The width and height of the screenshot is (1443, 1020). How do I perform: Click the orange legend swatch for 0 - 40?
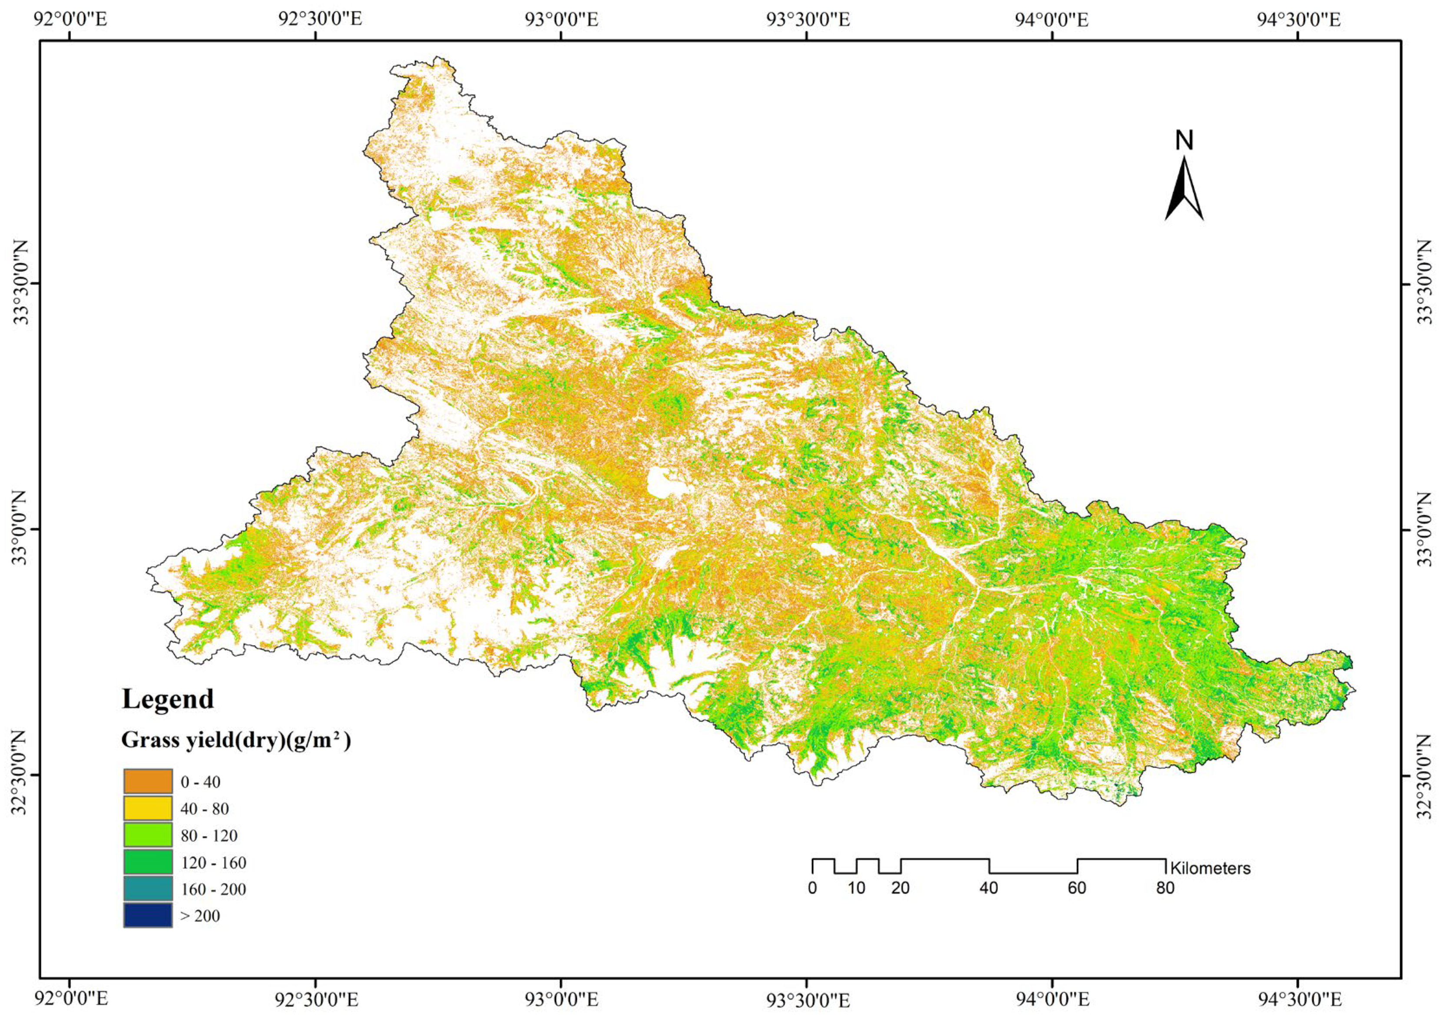click(x=148, y=781)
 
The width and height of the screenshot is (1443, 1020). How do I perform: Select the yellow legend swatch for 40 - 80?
click(x=148, y=808)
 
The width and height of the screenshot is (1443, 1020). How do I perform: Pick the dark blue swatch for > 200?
click(x=148, y=915)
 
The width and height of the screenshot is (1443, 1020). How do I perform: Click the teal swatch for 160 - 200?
click(x=148, y=889)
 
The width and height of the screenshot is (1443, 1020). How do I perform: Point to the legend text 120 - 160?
click(x=213, y=863)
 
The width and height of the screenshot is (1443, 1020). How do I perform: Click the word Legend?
click(x=168, y=699)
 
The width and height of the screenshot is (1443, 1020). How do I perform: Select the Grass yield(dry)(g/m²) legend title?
click(x=236, y=740)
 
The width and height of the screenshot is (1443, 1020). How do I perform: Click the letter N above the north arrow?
click(x=1184, y=141)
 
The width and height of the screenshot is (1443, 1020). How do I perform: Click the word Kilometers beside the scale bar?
click(x=1210, y=868)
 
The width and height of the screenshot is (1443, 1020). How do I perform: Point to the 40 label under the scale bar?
click(x=989, y=888)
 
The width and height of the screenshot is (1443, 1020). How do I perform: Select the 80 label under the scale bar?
click(x=1165, y=888)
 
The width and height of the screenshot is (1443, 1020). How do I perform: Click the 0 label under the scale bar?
click(x=813, y=888)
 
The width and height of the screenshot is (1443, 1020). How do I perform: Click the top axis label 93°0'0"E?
click(x=561, y=20)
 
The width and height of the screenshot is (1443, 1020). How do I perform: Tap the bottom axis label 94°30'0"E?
click(x=1298, y=999)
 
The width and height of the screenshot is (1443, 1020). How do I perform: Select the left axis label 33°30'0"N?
click(x=21, y=283)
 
